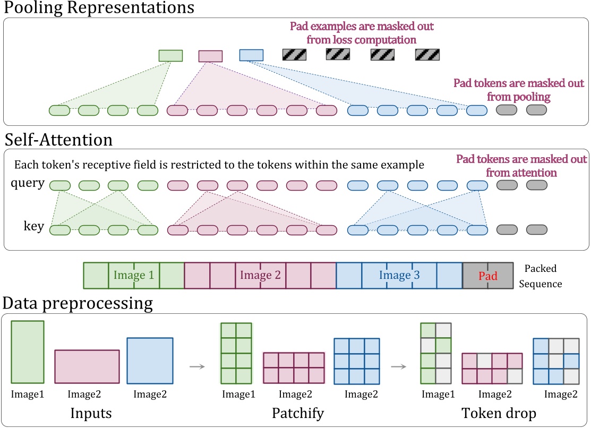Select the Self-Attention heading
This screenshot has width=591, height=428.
[x=58, y=140]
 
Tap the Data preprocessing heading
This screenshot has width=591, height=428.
[x=78, y=304]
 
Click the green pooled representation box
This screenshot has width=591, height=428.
[x=170, y=56]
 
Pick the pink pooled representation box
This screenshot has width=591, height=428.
[x=210, y=56]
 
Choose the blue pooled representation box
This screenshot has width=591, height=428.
[x=251, y=55]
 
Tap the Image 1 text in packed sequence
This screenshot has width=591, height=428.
[x=133, y=275]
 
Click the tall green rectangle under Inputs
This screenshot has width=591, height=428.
[x=28, y=352]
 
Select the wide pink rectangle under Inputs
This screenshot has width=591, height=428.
[x=87, y=366]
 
